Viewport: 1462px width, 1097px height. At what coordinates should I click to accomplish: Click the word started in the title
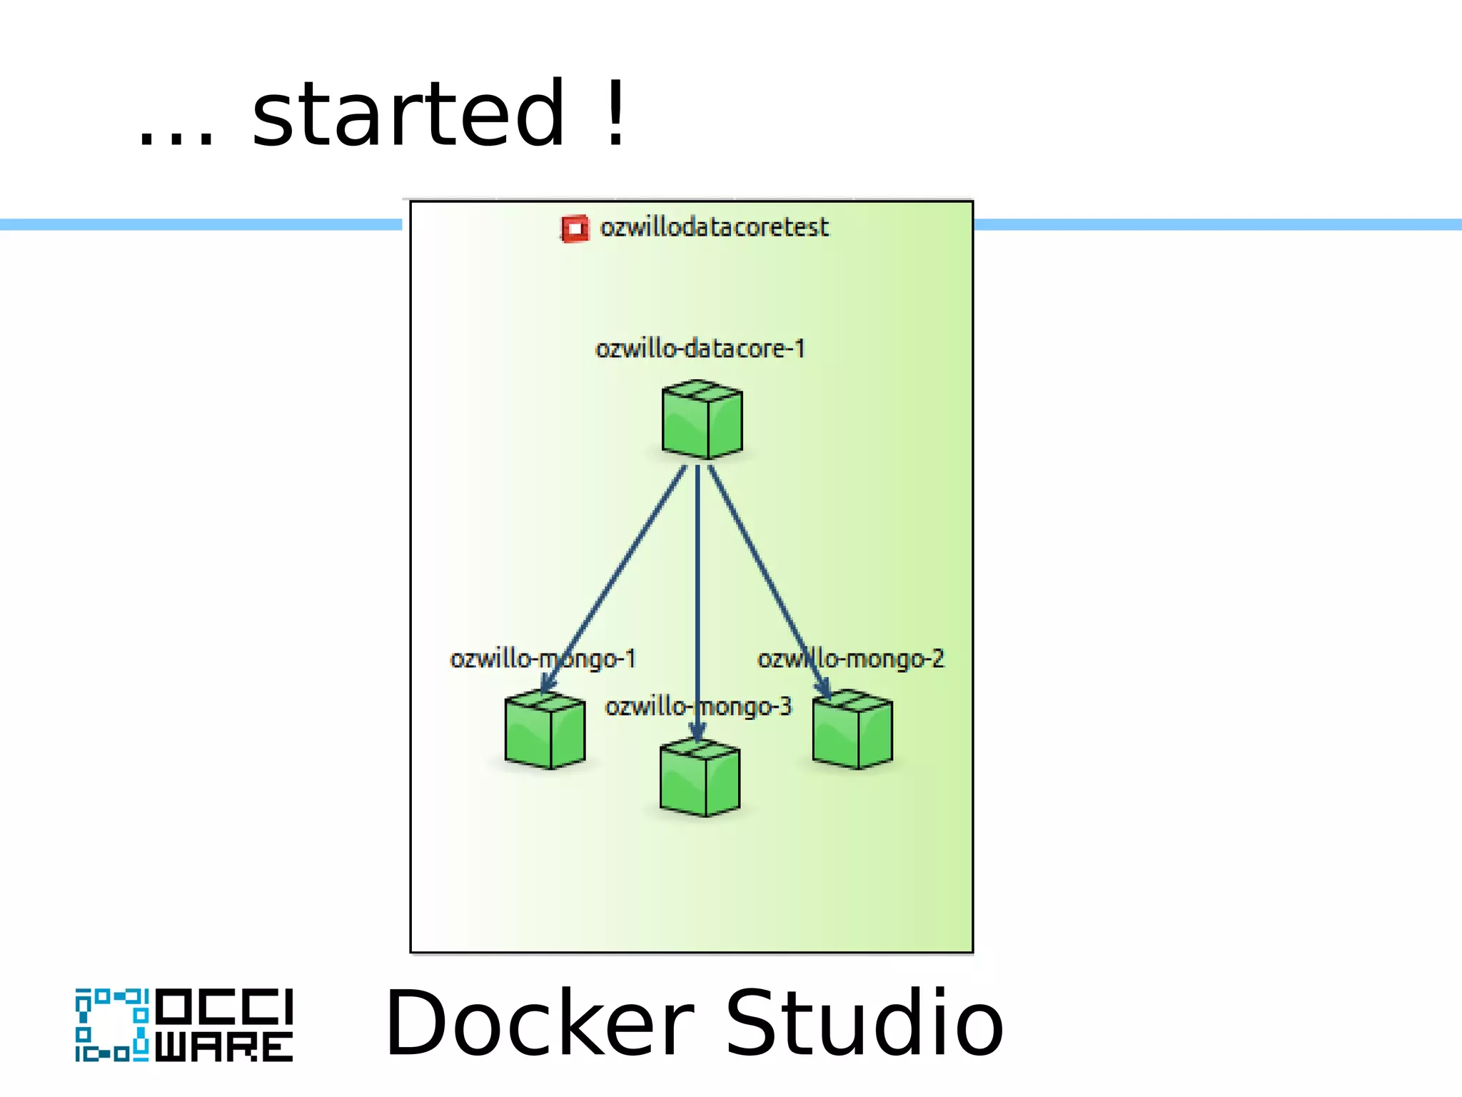pos(408,114)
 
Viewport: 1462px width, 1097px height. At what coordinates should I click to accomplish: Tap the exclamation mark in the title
pos(615,114)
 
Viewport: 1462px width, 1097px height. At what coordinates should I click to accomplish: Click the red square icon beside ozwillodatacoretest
pos(575,229)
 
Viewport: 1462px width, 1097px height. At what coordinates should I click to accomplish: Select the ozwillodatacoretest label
pos(714,228)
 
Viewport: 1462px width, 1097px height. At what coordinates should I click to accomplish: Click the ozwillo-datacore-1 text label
pos(700,349)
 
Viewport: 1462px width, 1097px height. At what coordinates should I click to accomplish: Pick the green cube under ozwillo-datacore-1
pos(702,420)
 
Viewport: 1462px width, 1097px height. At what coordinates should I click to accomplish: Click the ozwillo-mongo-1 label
pos(543,658)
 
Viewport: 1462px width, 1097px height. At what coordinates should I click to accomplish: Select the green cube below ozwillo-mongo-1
pos(545,730)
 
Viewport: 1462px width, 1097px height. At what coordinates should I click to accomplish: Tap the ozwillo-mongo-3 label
pos(698,707)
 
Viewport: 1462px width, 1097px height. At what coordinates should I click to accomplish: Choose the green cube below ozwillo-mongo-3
pos(700,778)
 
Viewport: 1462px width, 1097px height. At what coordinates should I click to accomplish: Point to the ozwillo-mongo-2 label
pos(850,658)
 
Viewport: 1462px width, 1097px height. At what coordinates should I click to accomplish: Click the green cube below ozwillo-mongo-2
pos(852,730)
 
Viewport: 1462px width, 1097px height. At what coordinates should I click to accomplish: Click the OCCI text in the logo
pos(224,1006)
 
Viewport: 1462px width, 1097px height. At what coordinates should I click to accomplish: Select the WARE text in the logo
pos(224,1047)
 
